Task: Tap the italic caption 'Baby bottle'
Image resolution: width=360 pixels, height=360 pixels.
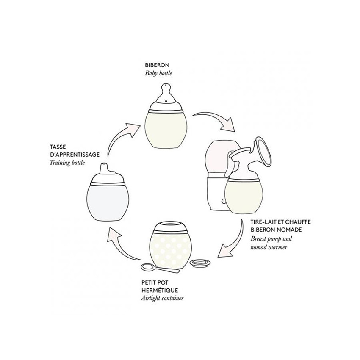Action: [x=159, y=74]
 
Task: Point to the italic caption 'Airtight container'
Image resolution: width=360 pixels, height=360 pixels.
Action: [x=163, y=298]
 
